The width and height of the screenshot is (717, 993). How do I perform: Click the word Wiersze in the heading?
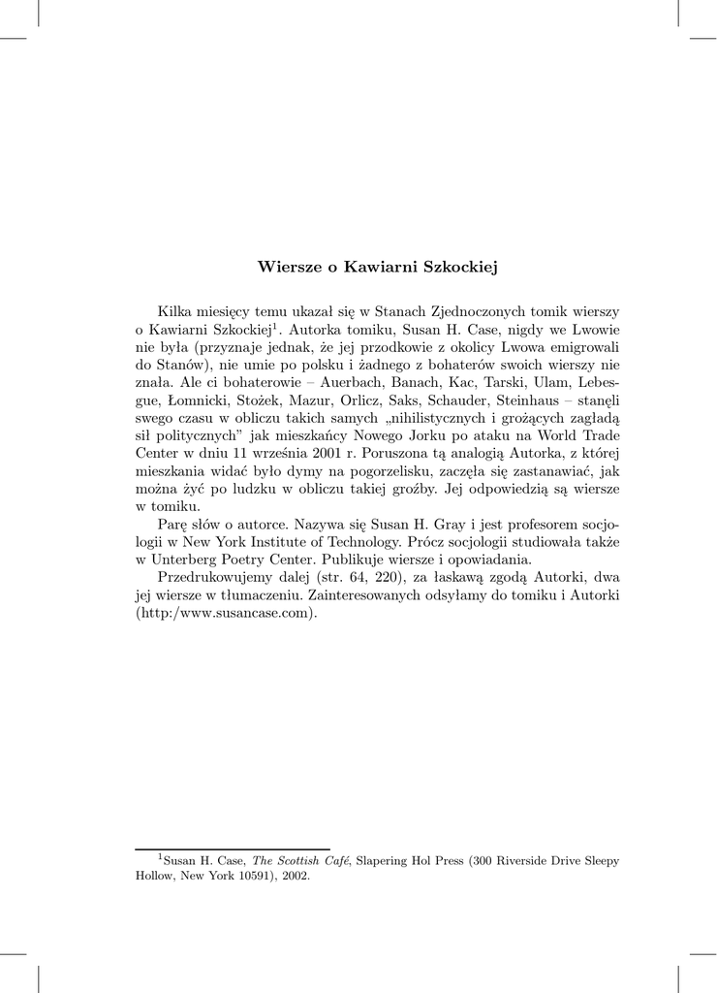[x=287, y=266]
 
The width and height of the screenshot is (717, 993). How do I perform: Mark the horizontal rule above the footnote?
[x=233, y=849]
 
